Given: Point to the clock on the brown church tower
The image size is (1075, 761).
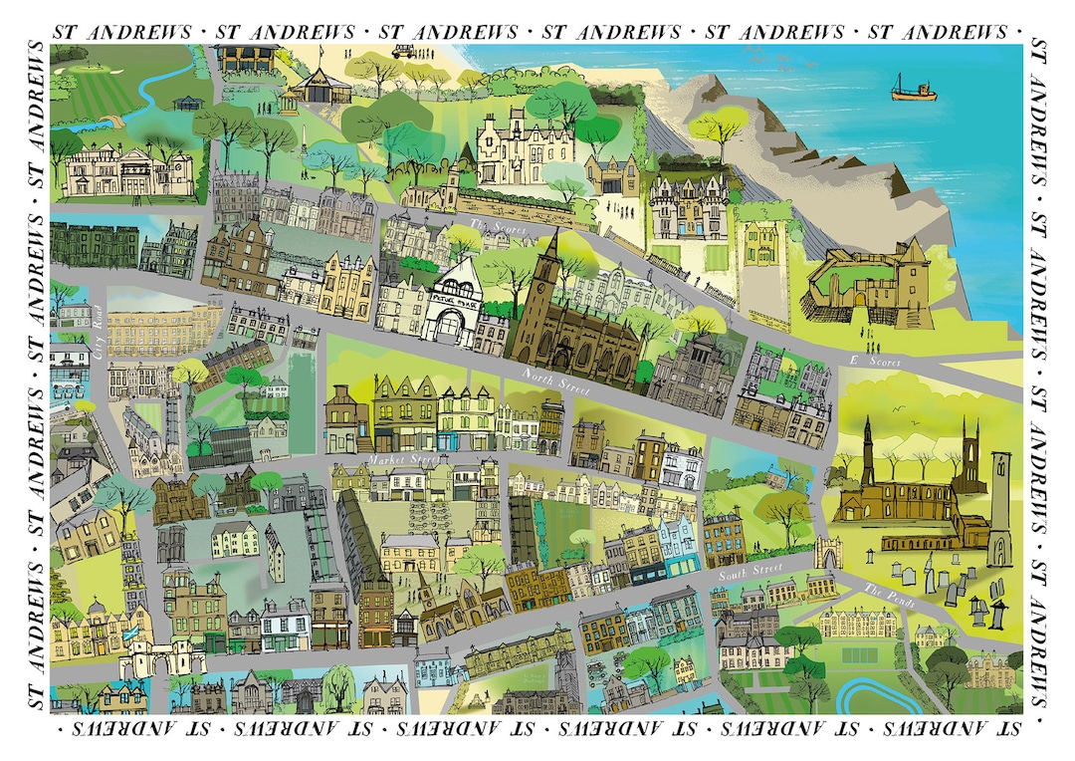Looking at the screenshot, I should [546, 270].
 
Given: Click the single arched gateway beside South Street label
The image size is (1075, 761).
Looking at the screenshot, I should [826, 552].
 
